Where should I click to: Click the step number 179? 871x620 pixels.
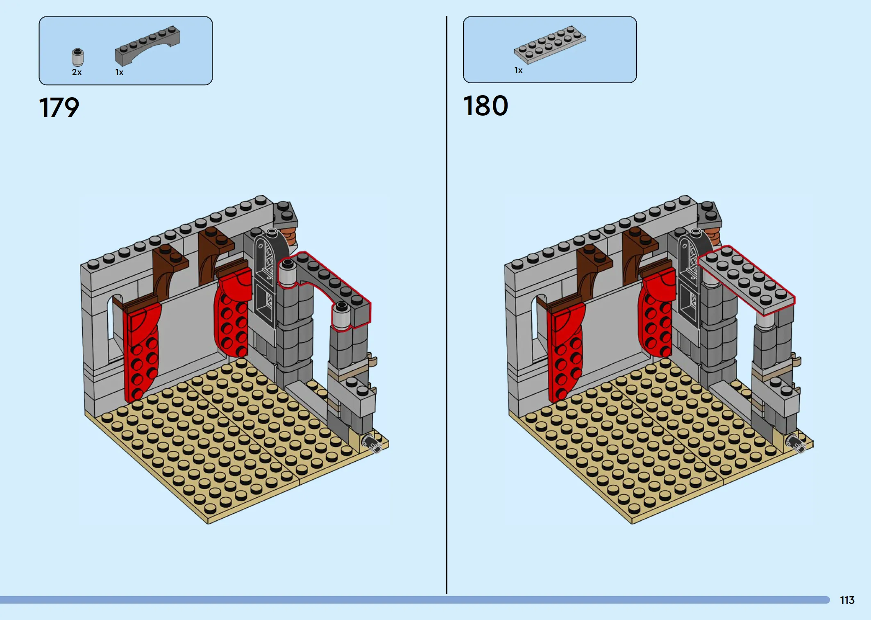coord(59,108)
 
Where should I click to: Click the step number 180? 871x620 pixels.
coord(485,106)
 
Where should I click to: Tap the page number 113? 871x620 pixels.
coord(847,600)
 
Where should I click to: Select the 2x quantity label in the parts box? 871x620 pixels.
coord(77,72)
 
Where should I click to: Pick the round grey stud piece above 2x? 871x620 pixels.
coord(77,57)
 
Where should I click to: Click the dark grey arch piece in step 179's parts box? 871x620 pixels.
coord(147,45)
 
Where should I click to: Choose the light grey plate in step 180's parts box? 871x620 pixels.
coord(550,45)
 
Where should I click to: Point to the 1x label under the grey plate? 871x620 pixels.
coord(518,71)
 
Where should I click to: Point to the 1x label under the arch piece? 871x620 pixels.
coord(119,73)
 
